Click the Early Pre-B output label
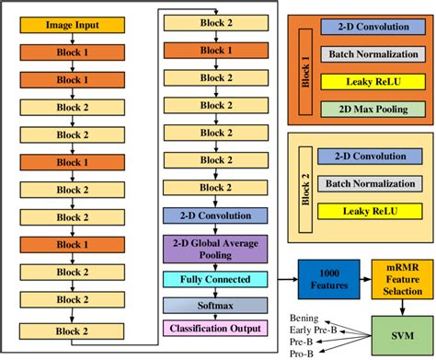pos(308,327)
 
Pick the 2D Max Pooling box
pos(368,110)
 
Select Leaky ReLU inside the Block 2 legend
pos(368,213)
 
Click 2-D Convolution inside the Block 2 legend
pos(368,157)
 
